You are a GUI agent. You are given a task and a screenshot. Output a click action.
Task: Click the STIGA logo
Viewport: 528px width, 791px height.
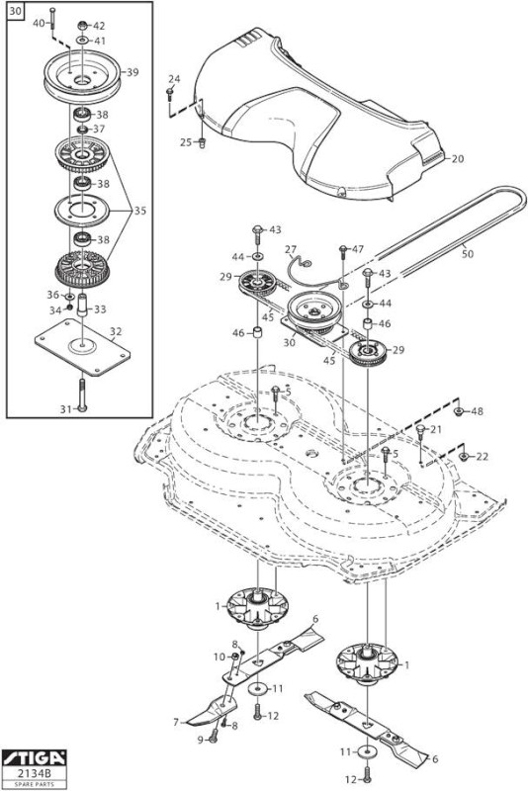(34, 757)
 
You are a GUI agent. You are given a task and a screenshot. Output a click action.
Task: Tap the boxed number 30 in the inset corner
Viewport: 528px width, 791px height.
(16, 12)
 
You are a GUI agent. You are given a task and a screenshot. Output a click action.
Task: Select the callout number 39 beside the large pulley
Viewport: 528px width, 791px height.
(132, 72)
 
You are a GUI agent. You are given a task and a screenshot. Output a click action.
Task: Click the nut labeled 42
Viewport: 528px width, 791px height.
(83, 26)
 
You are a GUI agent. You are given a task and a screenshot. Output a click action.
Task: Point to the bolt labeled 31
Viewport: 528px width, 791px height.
(82, 395)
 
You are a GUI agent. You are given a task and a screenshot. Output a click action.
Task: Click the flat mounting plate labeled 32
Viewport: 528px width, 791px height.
(82, 347)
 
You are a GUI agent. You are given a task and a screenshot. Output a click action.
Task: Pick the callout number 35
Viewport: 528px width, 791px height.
(139, 211)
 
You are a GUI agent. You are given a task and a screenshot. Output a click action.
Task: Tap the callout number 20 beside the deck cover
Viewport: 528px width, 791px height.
(458, 159)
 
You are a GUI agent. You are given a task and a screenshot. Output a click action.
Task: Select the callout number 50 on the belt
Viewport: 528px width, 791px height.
(468, 254)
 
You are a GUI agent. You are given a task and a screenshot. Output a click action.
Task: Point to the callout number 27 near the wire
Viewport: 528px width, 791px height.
(291, 250)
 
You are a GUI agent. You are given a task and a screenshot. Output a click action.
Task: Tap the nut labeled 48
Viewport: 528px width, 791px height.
(459, 411)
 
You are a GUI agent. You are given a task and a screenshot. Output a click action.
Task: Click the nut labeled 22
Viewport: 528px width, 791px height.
(464, 457)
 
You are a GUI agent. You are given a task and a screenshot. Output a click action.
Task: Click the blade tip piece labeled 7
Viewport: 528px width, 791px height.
(211, 710)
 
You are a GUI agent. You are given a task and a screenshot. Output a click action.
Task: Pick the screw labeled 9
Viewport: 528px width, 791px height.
(213, 737)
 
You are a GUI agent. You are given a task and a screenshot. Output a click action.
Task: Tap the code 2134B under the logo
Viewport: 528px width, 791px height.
(34, 773)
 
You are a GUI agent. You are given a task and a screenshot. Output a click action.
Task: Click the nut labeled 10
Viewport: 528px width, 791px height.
(234, 657)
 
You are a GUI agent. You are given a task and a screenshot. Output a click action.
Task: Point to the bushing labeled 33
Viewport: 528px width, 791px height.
(82, 305)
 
